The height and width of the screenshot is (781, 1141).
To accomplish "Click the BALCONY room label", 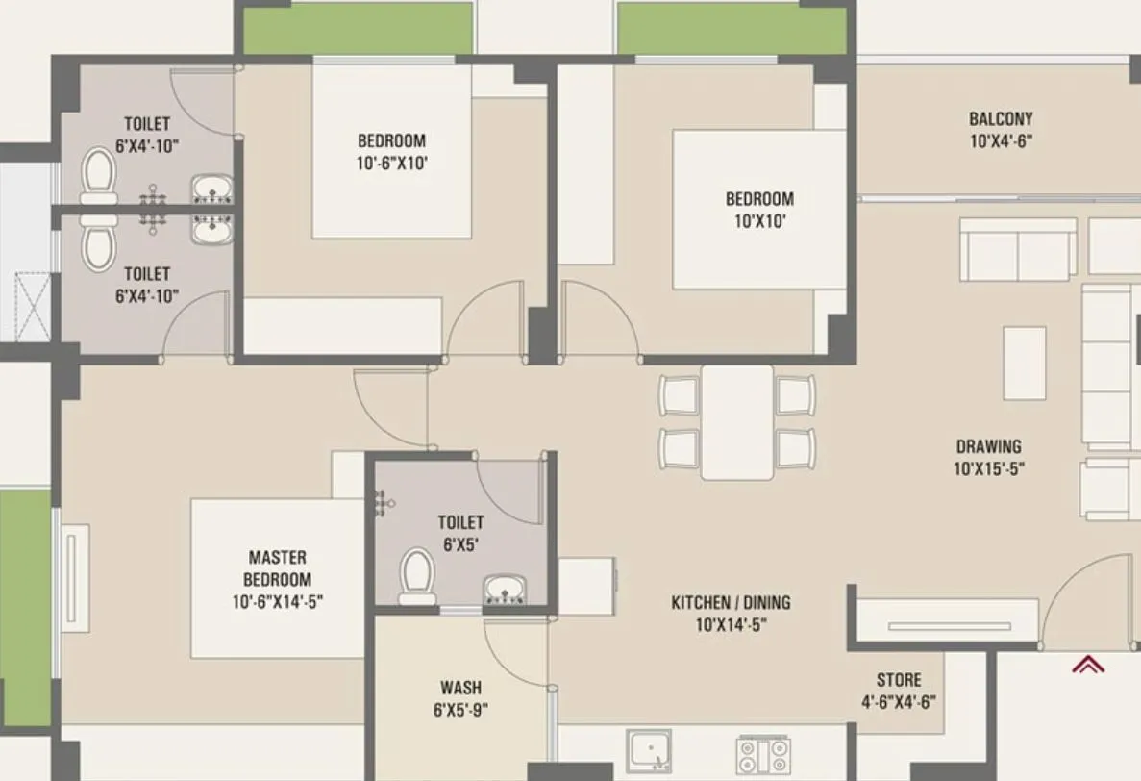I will [x=1001, y=119].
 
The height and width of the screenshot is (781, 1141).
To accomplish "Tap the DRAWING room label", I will [x=988, y=446].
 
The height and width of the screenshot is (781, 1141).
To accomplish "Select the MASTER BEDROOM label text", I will [x=277, y=568].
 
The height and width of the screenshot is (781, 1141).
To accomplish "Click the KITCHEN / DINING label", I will [x=731, y=603].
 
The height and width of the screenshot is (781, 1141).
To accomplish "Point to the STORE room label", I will [x=898, y=680].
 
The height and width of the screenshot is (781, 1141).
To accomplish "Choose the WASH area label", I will [x=460, y=688].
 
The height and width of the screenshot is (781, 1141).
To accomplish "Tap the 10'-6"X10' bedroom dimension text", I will [x=391, y=163].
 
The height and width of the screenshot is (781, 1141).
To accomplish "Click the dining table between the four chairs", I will [x=737, y=421].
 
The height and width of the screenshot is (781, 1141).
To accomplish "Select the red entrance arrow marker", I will [x=1088, y=665].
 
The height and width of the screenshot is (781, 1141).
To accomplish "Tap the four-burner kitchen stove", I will [x=763, y=754].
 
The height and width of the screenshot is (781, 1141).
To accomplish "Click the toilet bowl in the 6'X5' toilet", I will [x=417, y=575].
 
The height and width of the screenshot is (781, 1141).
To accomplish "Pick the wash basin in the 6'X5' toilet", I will [x=505, y=587].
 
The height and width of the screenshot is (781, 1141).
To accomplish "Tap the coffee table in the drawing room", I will [x=1024, y=363].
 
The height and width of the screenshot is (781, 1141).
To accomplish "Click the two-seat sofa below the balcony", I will [x=1018, y=250].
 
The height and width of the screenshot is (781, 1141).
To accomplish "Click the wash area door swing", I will [x=514, y=654].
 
